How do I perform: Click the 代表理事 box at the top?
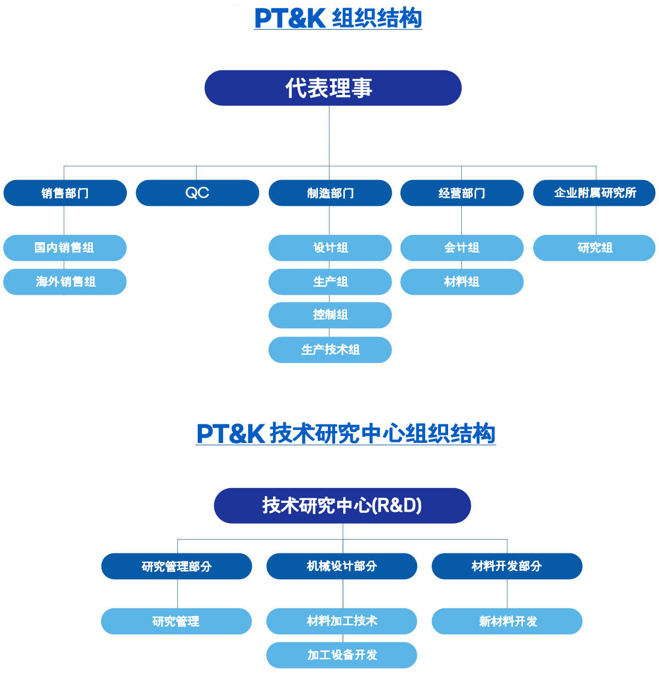tap(333, 88)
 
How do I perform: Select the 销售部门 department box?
tap(65, 193)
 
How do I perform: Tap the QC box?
tap(197, 193)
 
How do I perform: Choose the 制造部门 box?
tap(330, 193)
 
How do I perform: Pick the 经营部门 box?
tap(462, 193)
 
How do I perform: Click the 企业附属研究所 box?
tap(594, 193)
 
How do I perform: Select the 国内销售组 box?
tap(65, 248)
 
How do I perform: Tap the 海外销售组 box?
tap(65, 282)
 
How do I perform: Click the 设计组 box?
tap(330, 248)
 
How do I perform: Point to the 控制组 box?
tap(330, 315)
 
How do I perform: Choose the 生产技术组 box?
tap(330, 350)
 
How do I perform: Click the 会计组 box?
tap(462, 248)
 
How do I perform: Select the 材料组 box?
tap(462, 282)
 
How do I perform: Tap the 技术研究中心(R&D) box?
tap(342, 505)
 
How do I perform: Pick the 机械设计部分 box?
tap(342, 566)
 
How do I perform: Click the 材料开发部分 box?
tap(507, 566)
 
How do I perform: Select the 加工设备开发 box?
tap(342, 655)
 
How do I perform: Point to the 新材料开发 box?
tap(507, 621)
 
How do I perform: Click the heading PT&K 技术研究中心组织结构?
tap(346, 434)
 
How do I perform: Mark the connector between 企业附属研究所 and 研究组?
tap(596, 221)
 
